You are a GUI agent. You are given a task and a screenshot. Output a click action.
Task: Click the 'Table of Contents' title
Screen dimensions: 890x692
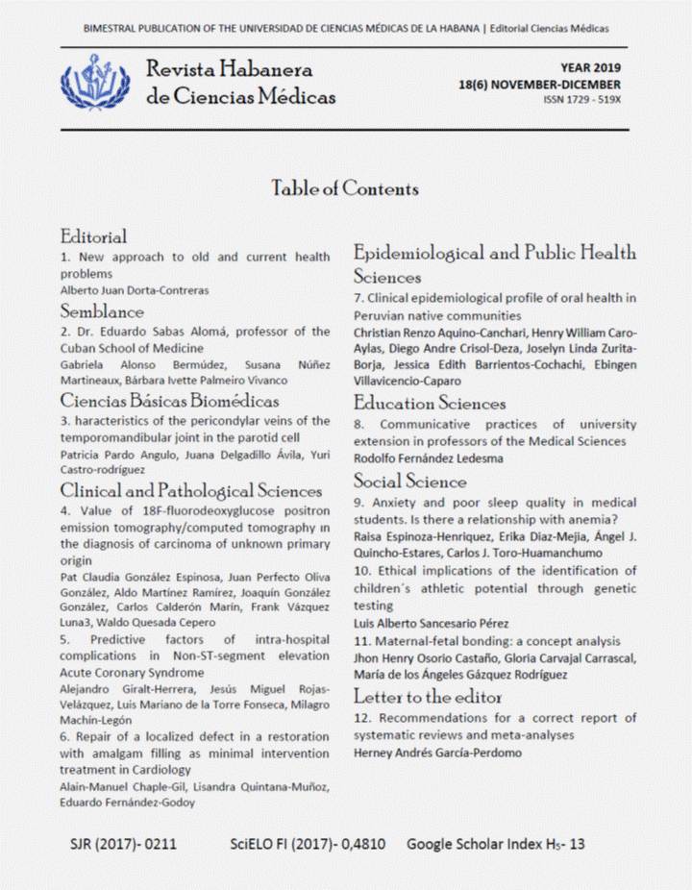[345, 188]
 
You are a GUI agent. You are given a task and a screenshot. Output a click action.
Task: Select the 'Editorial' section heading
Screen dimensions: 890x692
[93, 236]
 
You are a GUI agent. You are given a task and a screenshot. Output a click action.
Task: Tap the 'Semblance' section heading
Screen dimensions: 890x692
[102, 311]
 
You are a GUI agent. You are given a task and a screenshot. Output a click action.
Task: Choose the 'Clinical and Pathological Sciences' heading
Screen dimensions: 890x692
[190, 492]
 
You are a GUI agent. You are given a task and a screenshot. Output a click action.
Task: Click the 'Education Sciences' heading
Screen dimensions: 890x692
[429, 404]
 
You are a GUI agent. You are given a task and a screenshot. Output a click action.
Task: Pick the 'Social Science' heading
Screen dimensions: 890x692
[409, 481]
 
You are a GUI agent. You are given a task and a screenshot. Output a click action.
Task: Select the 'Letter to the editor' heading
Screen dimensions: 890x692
[428, 696]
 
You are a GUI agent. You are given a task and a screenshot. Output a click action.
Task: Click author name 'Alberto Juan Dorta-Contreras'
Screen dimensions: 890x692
[134, 290]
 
